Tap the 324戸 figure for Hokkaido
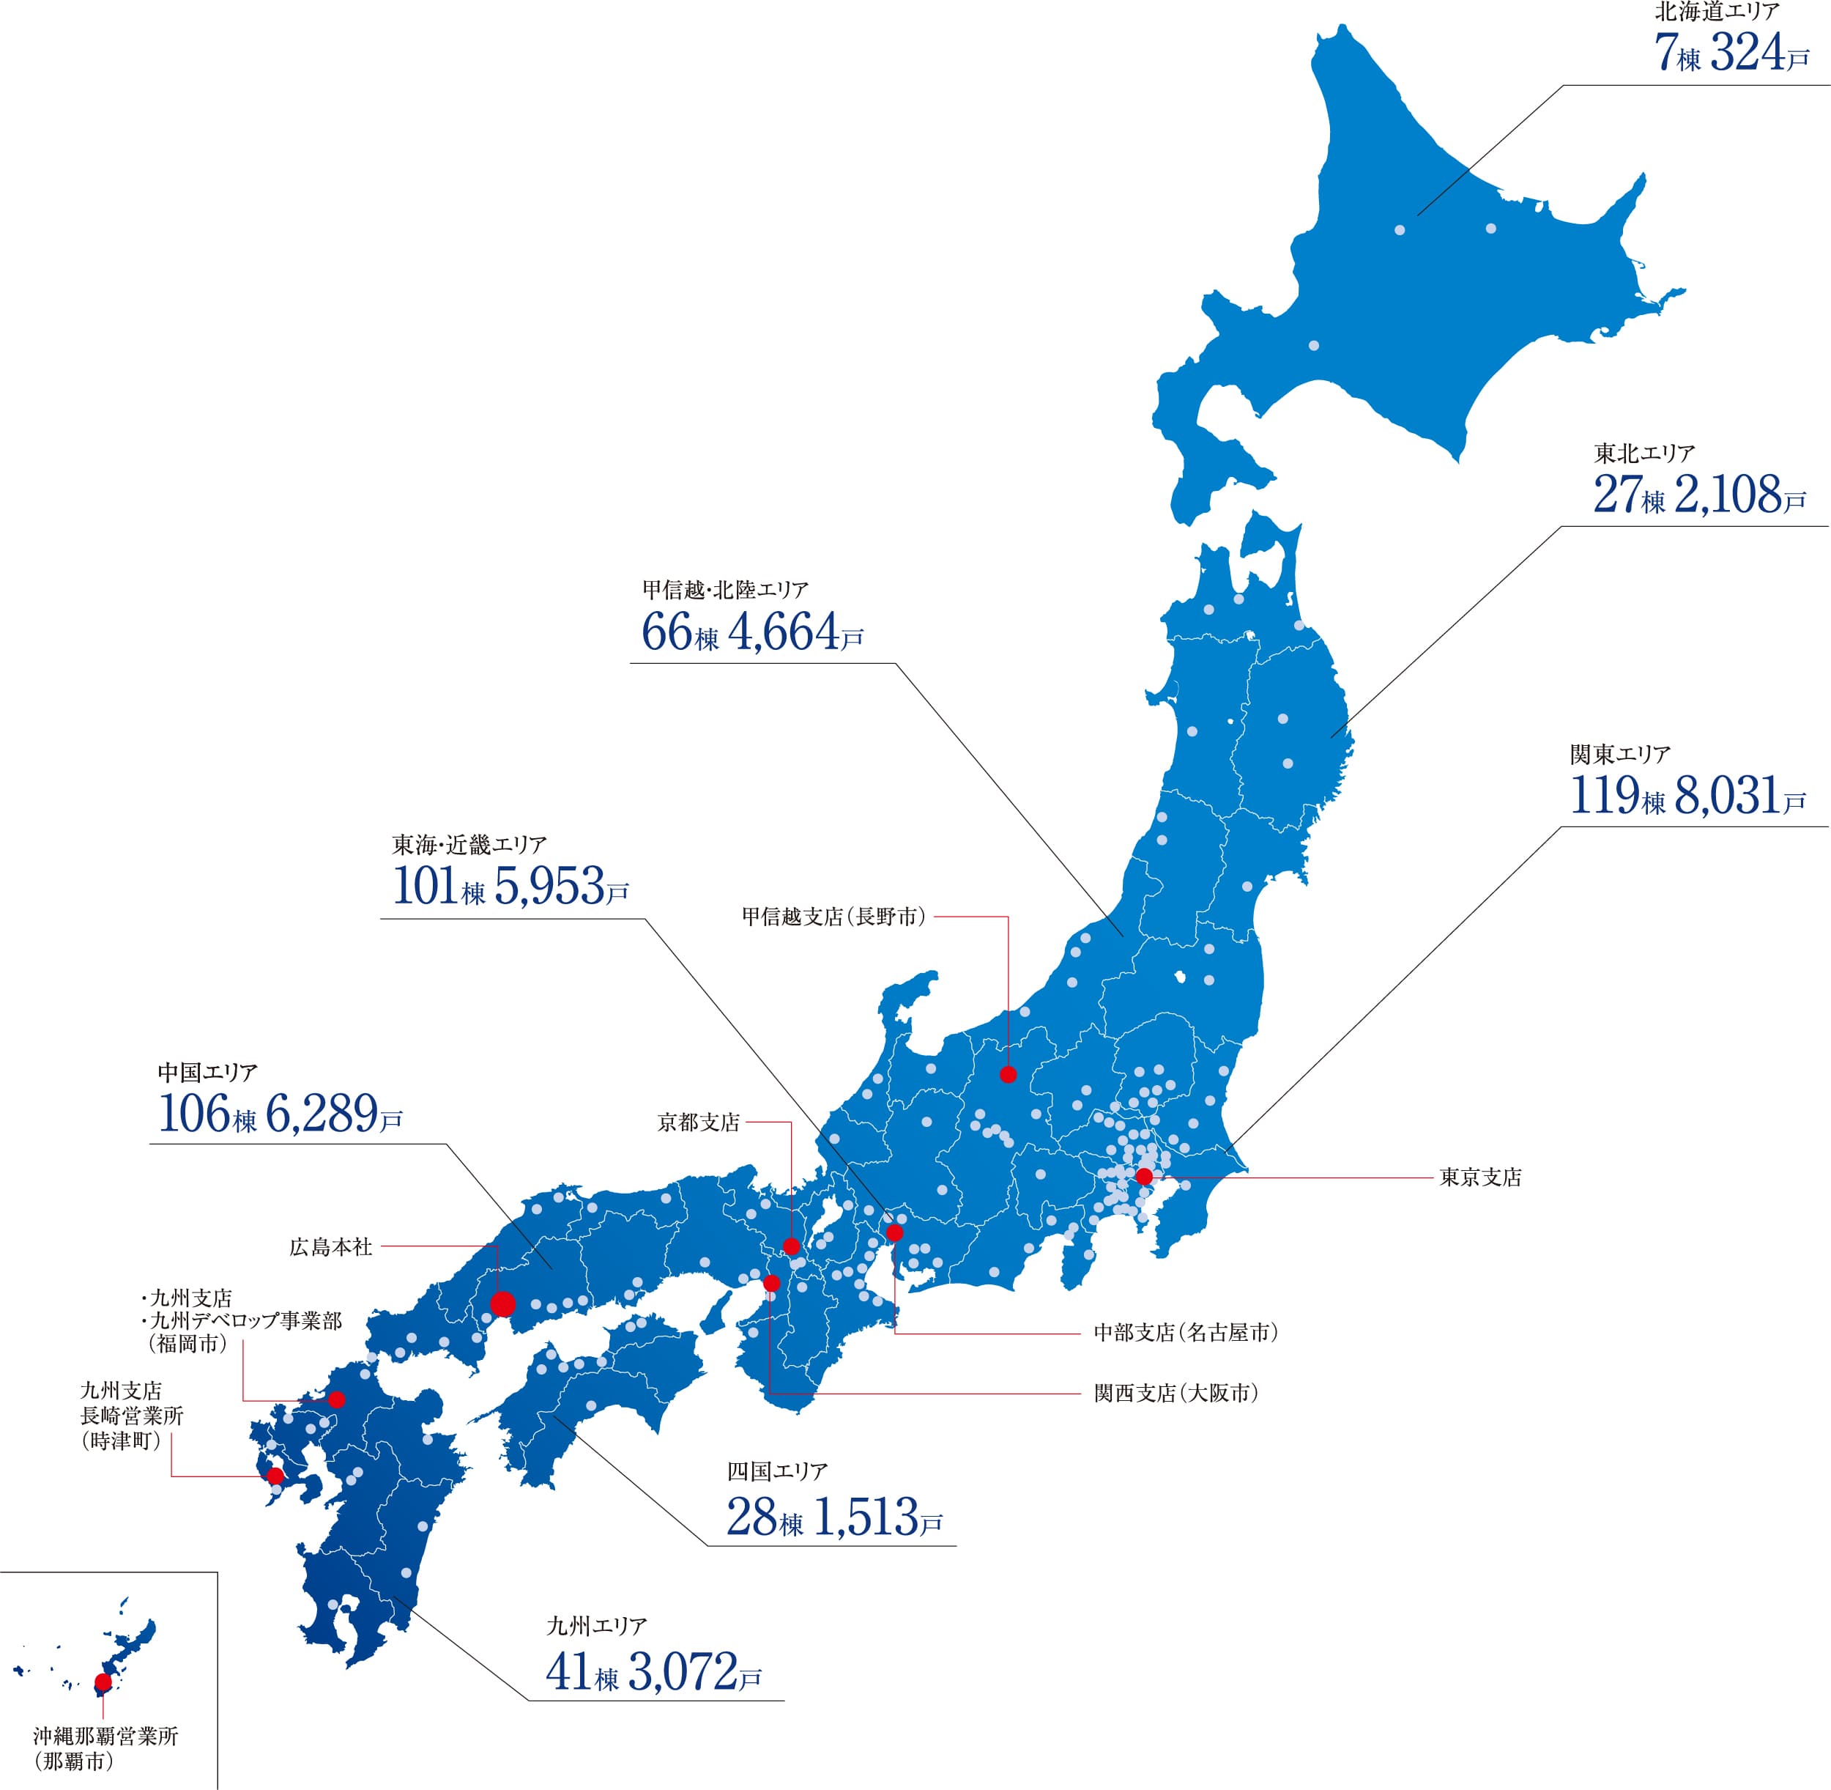coord(1758,53)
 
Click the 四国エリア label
coord(776,1471)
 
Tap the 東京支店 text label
coord(1479,1177)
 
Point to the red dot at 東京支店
coord(1144,1177)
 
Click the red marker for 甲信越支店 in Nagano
coord(1008,1075)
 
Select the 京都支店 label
coord(699,1123)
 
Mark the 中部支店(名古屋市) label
coord(1185,1332)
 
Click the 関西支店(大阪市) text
coord(1175,1394)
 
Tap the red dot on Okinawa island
coord(103,1682)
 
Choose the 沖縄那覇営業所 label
coord(105,1737)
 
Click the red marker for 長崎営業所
coord(275,1476)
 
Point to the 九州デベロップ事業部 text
coord(246,1321)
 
